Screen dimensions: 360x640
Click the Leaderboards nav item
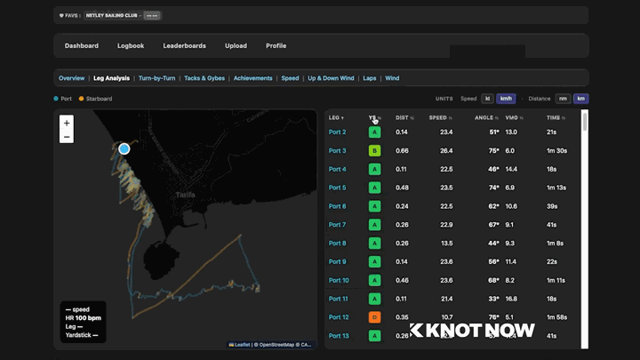[x=184, y=45]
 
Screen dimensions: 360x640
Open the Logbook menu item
[x=131, y=45]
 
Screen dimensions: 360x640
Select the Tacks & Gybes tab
[x=204, y=78]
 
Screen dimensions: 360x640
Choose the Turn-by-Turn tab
[x=156, y=78]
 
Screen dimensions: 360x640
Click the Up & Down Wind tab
[x=331, y=78]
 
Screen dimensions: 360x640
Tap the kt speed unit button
[x=487, y=99]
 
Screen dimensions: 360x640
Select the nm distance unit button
[x=563, y=99]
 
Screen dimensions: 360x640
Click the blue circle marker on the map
[x=124, y=148]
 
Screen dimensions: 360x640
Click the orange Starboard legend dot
[x=82, y=99]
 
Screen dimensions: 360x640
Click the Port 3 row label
[x=338, y=150]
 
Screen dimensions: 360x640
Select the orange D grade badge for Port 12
[x=374, y=317]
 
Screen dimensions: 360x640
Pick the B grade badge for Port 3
[x=374, y=150]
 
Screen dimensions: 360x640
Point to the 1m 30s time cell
[x=556, y=150]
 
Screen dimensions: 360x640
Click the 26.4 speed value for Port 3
[x=446, y=150]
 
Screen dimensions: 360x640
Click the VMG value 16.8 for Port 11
[x=511, y=299]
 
